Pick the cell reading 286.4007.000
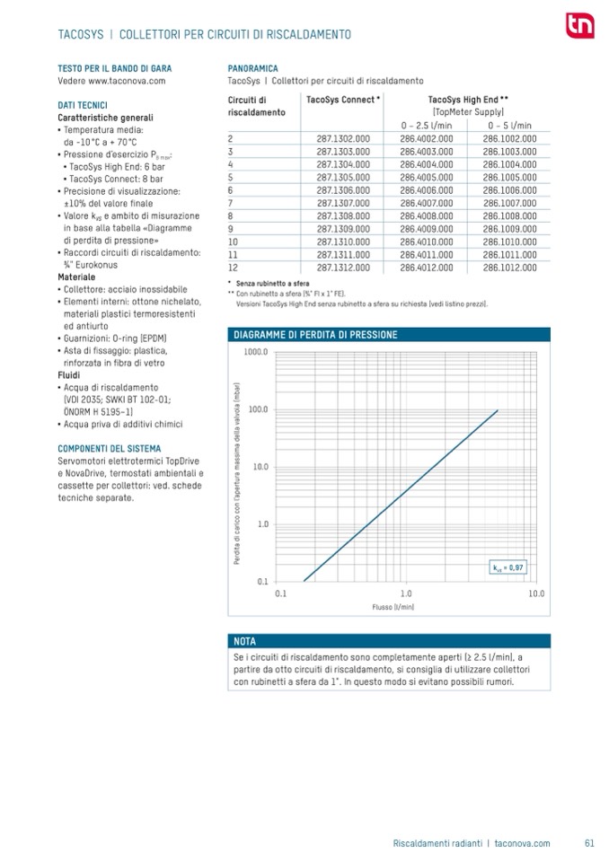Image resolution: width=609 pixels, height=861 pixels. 426,203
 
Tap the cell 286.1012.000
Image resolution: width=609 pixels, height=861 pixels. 509,268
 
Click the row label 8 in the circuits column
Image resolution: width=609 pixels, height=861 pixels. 231,216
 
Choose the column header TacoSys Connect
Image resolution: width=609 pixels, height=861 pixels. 343,100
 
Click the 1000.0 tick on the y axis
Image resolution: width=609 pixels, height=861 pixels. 256,352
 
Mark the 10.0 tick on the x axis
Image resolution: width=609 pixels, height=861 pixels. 536,593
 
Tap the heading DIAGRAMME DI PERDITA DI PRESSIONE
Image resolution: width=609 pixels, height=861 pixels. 314,334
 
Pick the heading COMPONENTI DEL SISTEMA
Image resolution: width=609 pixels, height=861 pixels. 110,448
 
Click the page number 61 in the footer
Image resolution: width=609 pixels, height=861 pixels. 589,843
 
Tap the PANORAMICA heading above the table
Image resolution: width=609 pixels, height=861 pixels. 253,68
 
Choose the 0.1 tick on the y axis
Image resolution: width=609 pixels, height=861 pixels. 262,580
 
